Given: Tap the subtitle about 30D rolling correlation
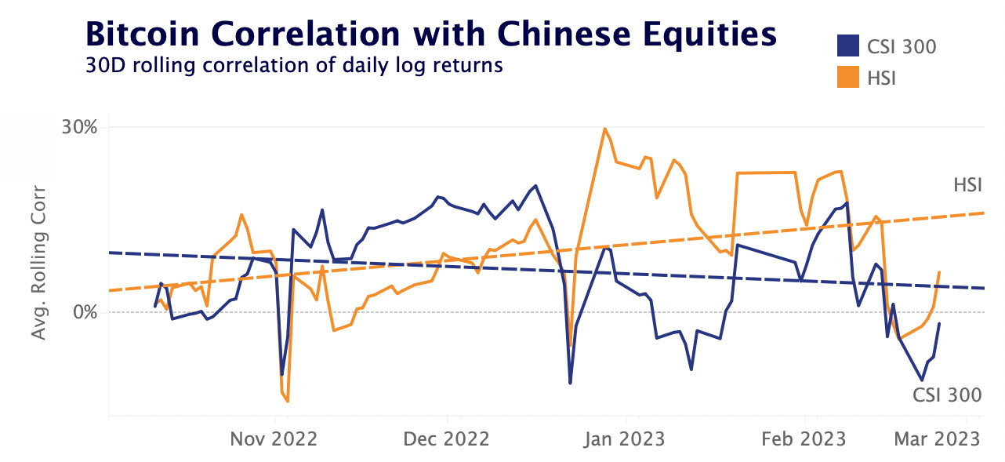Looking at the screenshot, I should pos(293,65).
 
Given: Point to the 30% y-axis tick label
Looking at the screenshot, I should pos(79,127).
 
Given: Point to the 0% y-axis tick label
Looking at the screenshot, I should pos(84,312).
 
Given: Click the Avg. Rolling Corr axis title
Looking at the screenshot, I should pos(38,263).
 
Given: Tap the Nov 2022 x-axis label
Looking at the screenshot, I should pos(274,438).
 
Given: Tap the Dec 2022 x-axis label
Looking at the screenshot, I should pos(446,438).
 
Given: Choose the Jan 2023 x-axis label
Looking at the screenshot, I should pos(626,438).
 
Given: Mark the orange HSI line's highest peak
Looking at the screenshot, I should pos(604,129).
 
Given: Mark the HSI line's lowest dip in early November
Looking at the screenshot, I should pos(288,401).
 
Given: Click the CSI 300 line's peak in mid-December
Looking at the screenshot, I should pos(535,186).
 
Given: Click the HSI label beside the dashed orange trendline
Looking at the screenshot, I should pos(967,186).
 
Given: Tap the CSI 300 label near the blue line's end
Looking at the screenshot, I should pos(947,395).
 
